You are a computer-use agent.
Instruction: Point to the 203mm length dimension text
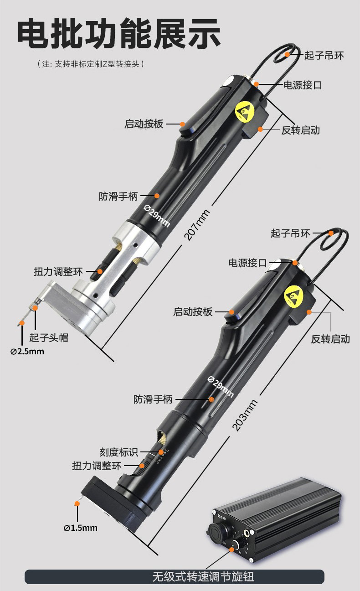(245, 415)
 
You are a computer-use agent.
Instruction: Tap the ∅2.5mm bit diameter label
(27, 351)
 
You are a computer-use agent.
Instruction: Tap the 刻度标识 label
(118, 452)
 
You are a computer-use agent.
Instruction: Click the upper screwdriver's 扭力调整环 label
(58, 271)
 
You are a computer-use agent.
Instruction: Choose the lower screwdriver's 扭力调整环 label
(97, 466)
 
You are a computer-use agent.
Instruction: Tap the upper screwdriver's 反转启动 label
(300, 130)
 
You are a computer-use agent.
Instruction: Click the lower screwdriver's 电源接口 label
(247, 263)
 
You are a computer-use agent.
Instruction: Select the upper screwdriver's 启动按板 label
(144, 124)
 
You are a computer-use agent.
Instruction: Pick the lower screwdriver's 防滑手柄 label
(153, 399)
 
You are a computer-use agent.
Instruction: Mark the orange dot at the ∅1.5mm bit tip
(77, 503)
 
